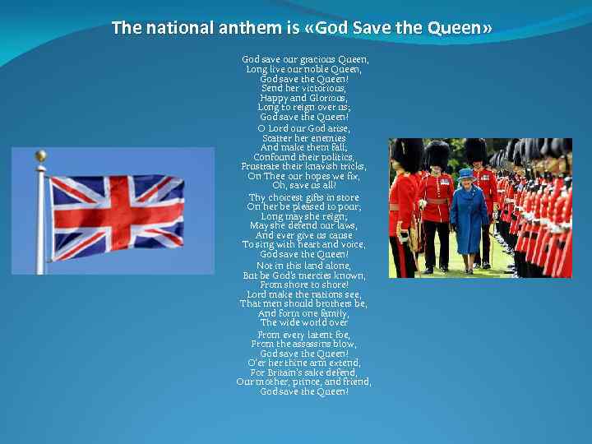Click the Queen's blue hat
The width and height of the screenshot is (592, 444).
pos(466,174)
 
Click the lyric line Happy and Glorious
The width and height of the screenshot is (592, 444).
pos(303,98)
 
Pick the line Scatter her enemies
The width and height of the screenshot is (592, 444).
pos(303,138)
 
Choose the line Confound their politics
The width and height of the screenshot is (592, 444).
pos(303,157)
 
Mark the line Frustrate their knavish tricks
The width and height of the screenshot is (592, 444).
pos(303,167)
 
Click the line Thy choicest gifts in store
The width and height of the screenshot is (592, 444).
pos(303,197)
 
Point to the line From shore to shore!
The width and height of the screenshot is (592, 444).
pos(303,284)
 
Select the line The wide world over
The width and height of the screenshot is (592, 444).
pos(303,323)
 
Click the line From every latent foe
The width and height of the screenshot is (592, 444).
pos(303,335)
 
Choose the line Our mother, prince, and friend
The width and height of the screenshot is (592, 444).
pos(303,382)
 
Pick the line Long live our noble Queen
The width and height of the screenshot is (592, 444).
pos(303,69)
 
